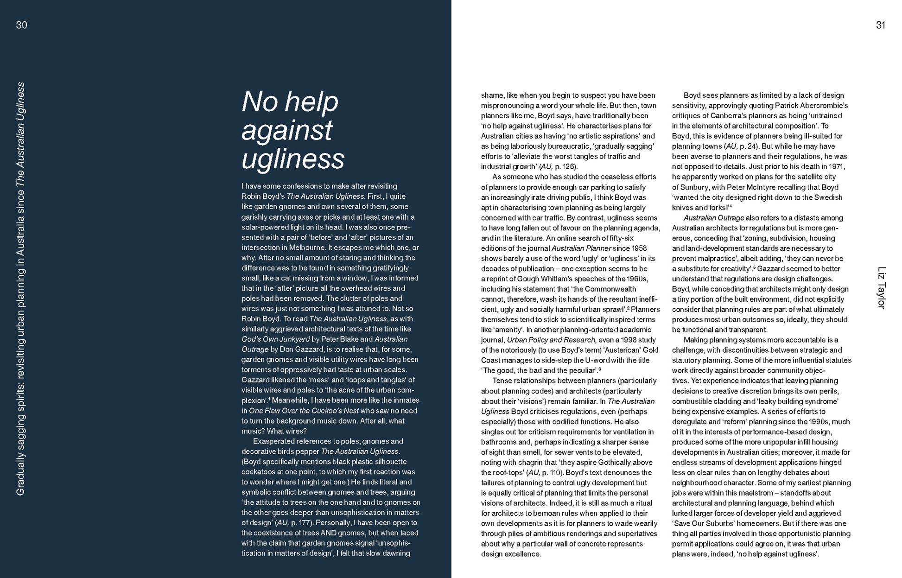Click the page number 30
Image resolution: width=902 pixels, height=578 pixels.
22,25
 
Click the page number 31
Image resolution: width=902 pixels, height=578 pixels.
880,25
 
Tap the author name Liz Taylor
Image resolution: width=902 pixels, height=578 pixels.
881,288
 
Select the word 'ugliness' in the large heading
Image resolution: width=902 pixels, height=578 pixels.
293,159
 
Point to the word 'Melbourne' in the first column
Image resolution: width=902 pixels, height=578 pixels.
302,248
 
